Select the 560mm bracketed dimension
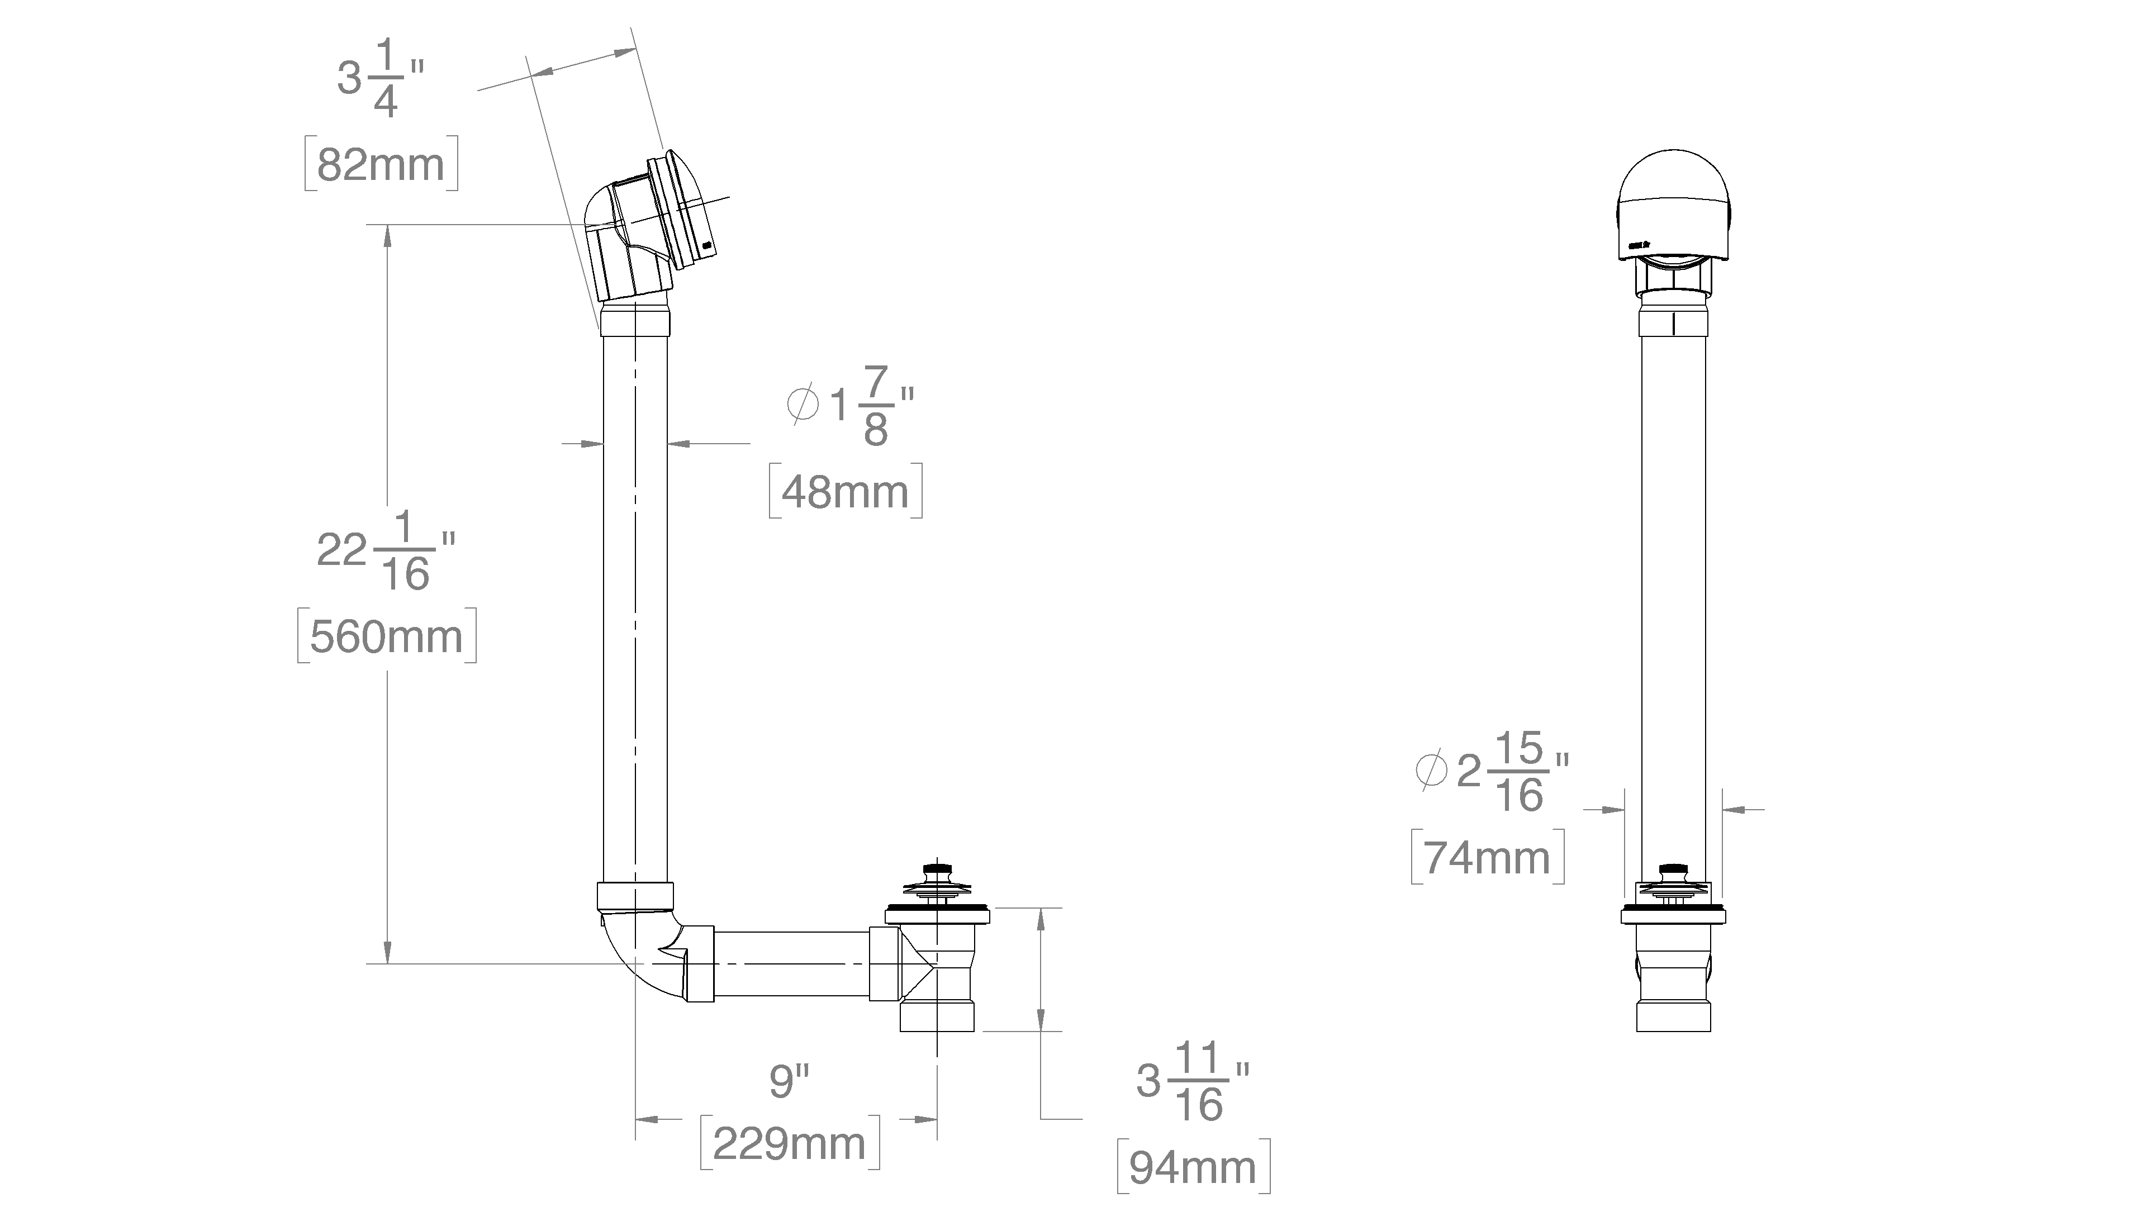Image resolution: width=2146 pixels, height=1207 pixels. point(387,636)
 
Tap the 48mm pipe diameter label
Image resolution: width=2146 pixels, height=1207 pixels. point(846,492)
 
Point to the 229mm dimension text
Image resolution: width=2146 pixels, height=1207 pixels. point(790,1143)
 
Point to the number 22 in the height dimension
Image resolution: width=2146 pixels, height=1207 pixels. point(341,550)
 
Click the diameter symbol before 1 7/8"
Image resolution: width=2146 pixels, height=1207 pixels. point(803,404)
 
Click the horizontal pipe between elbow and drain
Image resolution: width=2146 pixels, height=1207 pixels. point(791,964)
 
